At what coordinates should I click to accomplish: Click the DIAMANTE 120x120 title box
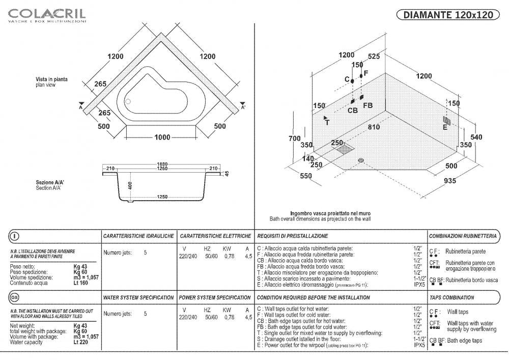(x=448, y=15)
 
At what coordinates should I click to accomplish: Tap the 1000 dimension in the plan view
(x=162, y=137)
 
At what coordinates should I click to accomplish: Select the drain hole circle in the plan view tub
(x=128, y=101)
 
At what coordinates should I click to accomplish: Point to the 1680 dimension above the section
(x=162, y=164)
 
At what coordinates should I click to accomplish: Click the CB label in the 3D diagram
(x=353, y=110)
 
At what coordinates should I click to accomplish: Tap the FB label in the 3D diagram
(x=367, y=105)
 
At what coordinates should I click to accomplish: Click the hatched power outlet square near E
(x=446, y=120)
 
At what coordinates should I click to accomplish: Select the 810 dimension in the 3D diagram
(x=374, y=127)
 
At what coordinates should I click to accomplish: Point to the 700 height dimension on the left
(x=294, y=139)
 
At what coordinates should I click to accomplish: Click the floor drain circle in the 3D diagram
(x=361, y=160)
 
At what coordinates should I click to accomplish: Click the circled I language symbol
(x=15, y=236)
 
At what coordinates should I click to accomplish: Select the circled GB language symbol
(x=15, y=297)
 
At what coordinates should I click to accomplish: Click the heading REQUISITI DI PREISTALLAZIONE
(x=292, y=236)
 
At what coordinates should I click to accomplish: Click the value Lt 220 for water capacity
(x=80, y=343)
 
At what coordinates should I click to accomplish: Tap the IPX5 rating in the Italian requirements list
(x=419, y=285)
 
